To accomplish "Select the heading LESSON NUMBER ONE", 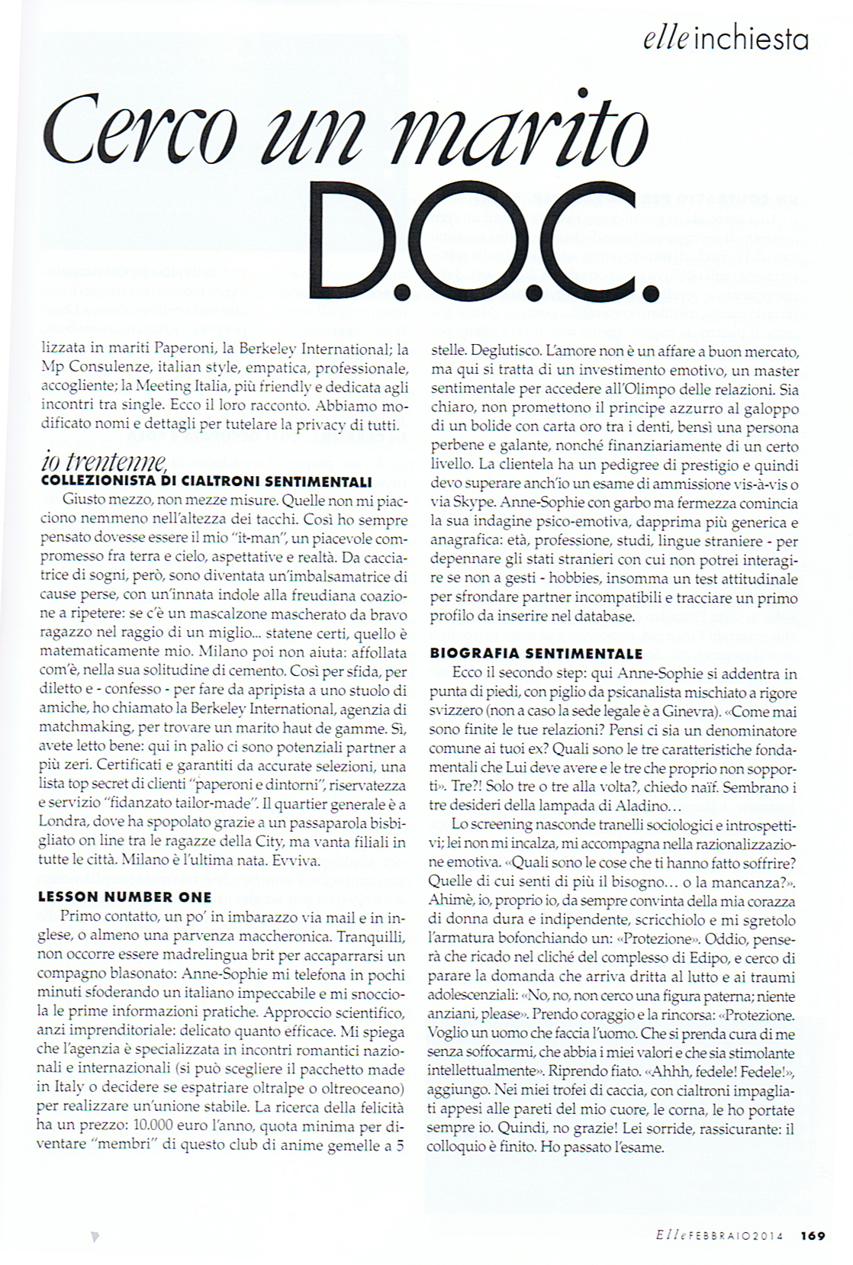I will tap(125, 897).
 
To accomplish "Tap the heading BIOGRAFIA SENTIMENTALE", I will tap(536, 654).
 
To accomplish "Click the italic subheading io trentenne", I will tap(104, 462).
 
